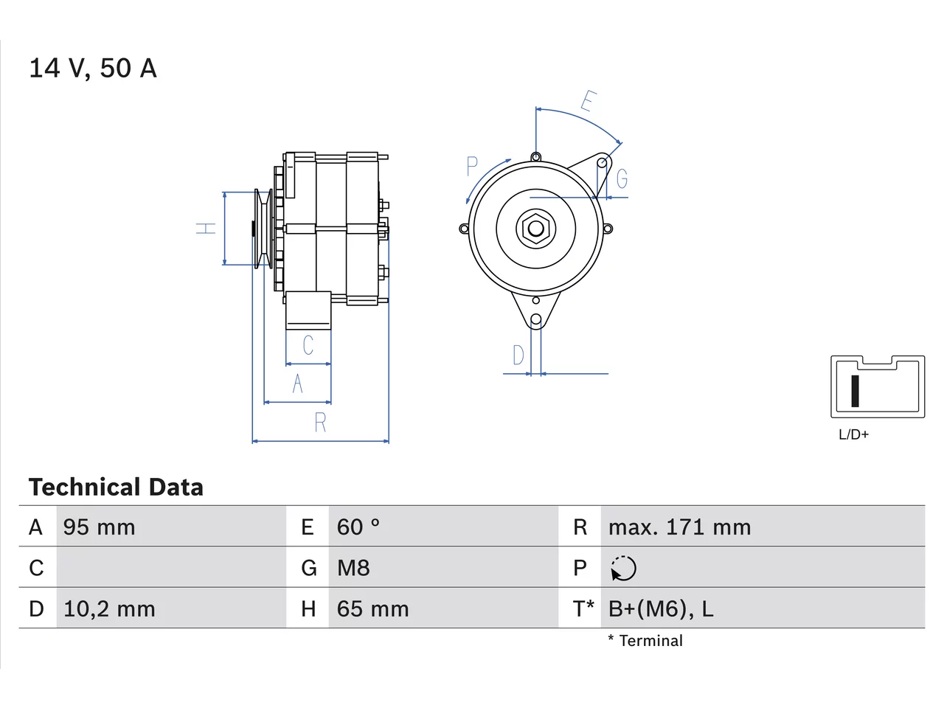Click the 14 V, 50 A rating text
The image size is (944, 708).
pos(93,69)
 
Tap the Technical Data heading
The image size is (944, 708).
pos(116,487)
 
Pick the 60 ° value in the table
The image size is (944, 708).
pos(358,527)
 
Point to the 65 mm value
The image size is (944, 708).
pos(372,608)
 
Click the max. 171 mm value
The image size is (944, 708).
pos(679,527)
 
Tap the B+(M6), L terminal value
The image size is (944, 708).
pos(661,608)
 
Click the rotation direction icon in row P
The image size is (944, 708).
pos(623,569)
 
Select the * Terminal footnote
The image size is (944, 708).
pos(645,641)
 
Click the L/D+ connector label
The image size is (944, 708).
pos(853,434)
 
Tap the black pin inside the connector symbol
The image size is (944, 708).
pos(855,391)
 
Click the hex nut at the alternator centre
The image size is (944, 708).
pos(535,229)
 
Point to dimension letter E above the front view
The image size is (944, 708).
pos(589,101)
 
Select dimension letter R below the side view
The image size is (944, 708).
pos(320,423)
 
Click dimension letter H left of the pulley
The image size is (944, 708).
pos(206,229)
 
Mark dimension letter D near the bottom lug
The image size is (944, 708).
pos(518,355)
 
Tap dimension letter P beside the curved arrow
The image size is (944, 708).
pos(472,167)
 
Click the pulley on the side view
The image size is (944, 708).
pos(263,229)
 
